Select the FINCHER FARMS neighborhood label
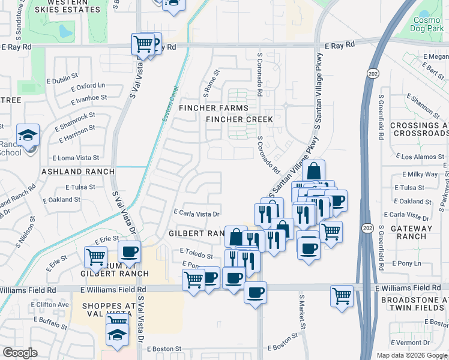pyautogui.click(x=213, y=108)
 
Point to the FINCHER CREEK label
pyautogui.click(x=240, y=119)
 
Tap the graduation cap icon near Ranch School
pyautogui.click(x=28, y=136)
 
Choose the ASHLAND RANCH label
pyautogui.click(x=77, y=172)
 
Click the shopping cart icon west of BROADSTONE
pyautogui.click(x=342, y=296)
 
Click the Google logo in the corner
pyautogui.click(x=20, y=352)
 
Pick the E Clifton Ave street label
pyautogui.click(x=50, y=305)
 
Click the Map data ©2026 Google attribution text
pyautogui.click(x=411, y=355)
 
